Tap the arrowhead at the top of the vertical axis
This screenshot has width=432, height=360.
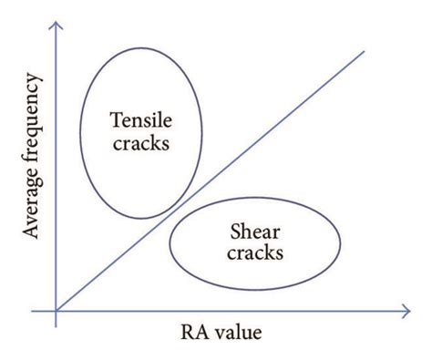pos(57,22)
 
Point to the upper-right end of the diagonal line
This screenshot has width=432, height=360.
pos(364,49)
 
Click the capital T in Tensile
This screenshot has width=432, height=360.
pos(115,119)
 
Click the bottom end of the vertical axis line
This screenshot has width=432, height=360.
pos(57,330)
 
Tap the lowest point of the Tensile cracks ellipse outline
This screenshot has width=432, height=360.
pos(138,219)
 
